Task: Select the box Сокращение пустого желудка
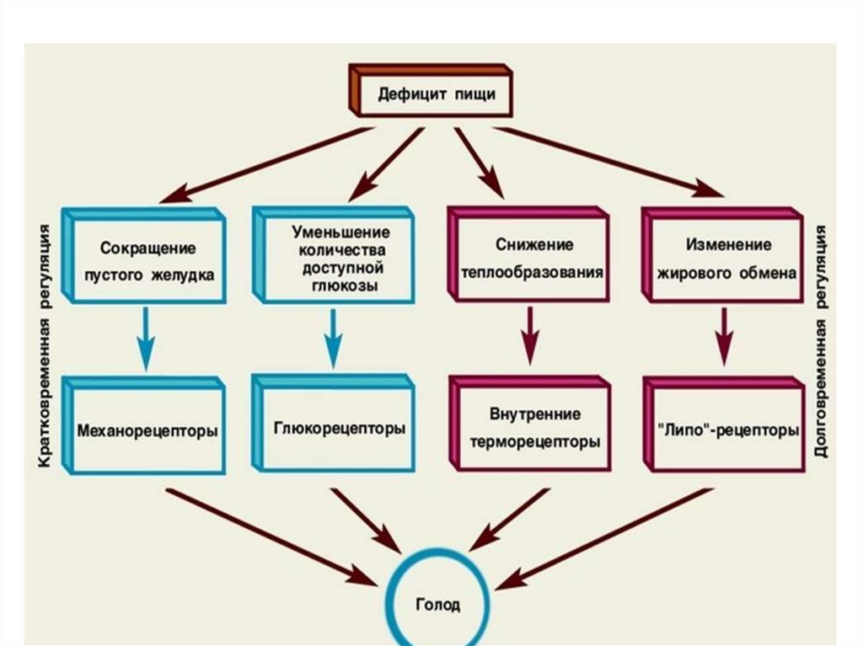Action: [x=144, y=256]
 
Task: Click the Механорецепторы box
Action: [x=143, y=425]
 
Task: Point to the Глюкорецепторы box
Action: [x=334, y=423]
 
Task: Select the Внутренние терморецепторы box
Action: [x=529, y=424]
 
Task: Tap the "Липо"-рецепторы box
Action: [x=724, y=424]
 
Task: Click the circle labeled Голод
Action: [x=438, y=552]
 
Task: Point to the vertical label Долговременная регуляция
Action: [x=821, y=340]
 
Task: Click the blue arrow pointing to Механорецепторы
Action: [x=145, y=339]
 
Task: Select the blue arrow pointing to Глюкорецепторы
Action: [x=332, y=338]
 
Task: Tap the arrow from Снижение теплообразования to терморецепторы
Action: [x=529, y=336]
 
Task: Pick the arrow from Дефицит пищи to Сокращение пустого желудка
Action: [x=266, y=165]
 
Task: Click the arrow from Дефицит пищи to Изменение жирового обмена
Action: [x=608, y=162]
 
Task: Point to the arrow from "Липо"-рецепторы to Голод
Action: [x=604, y=539]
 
